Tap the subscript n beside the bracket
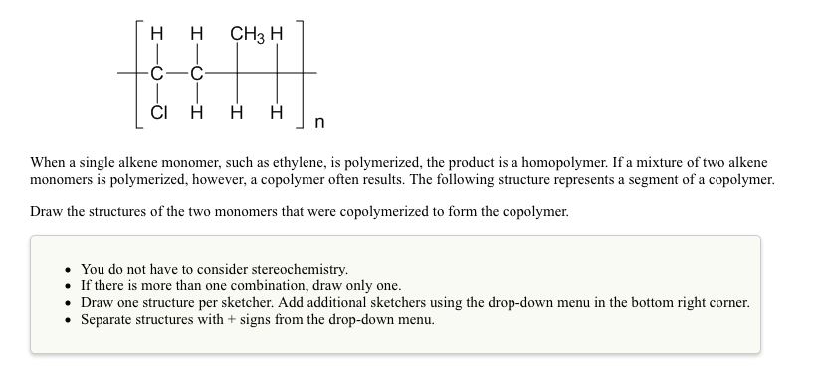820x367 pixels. (318, 123)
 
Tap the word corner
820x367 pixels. (726, 301)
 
